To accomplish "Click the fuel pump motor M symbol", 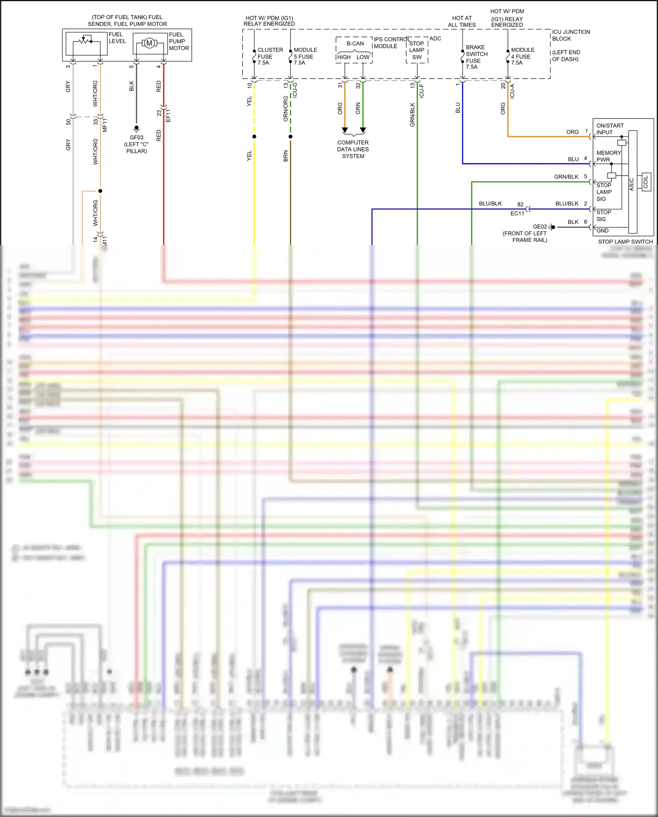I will [149, 43].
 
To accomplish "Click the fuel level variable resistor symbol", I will [84, 41].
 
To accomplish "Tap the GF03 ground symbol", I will [136, 128].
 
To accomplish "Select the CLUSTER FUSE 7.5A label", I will [269, 56].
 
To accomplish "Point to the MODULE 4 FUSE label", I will [522, 56].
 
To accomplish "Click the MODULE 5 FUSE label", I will [305, 56].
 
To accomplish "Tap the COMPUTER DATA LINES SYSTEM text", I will [353, 149].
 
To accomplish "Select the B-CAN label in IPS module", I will [355, 43].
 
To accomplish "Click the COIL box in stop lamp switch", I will [645, 182].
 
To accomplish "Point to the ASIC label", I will [632, 184].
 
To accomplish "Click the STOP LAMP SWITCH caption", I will [625, 241].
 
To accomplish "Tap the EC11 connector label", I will [517, 213].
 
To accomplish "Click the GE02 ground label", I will [540, 227].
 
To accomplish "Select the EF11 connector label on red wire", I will [168, 115].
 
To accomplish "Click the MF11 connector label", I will [104, 125].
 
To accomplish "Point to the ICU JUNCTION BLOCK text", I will [570, 35].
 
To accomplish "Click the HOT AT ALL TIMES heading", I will [461, 22].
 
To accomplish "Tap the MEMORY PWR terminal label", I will [608, 156].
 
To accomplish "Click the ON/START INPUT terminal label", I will [609, 129].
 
